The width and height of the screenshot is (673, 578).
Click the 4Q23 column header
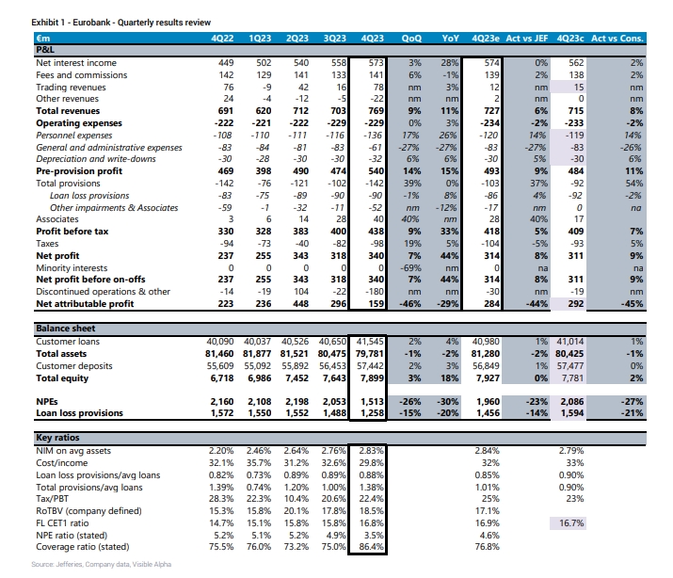(372, 39)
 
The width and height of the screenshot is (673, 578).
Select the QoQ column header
(411, 39)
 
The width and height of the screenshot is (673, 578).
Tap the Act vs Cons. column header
(617, 39)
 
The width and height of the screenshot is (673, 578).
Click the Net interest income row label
(76, 63)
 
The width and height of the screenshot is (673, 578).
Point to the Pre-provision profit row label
(79, 171)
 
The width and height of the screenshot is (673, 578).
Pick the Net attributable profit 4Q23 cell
(376, 304)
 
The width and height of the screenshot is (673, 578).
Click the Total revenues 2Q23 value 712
(300, 111)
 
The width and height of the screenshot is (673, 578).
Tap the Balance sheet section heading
(66, 329)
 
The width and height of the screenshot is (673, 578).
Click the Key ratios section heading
(57, 437)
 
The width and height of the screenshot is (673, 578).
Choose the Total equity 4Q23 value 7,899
(372, 378)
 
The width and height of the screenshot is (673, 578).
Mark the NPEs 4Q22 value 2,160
(222, 402)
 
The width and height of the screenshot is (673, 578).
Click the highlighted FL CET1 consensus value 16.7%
(571, 523)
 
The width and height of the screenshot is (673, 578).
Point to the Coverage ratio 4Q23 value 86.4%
(371, 547)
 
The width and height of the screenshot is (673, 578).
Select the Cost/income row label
(62, 463)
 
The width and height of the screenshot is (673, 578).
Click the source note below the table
(102, 564)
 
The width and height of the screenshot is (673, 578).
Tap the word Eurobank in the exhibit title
(91, 23)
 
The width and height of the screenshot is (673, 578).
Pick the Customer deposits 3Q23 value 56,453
(332, 366)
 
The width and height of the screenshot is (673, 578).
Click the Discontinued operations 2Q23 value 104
(301, 292)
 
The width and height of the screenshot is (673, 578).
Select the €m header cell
(43, 39)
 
